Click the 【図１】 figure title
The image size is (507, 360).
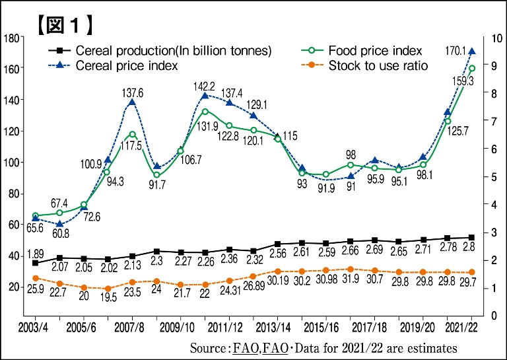click(63, 24)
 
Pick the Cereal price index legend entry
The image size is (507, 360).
click(127, 65)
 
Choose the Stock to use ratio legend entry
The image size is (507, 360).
click(378, 65)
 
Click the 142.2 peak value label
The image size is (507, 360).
click(203, 86)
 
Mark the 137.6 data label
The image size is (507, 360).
click(132, 93)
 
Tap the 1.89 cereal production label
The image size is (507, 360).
click(36, 254)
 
